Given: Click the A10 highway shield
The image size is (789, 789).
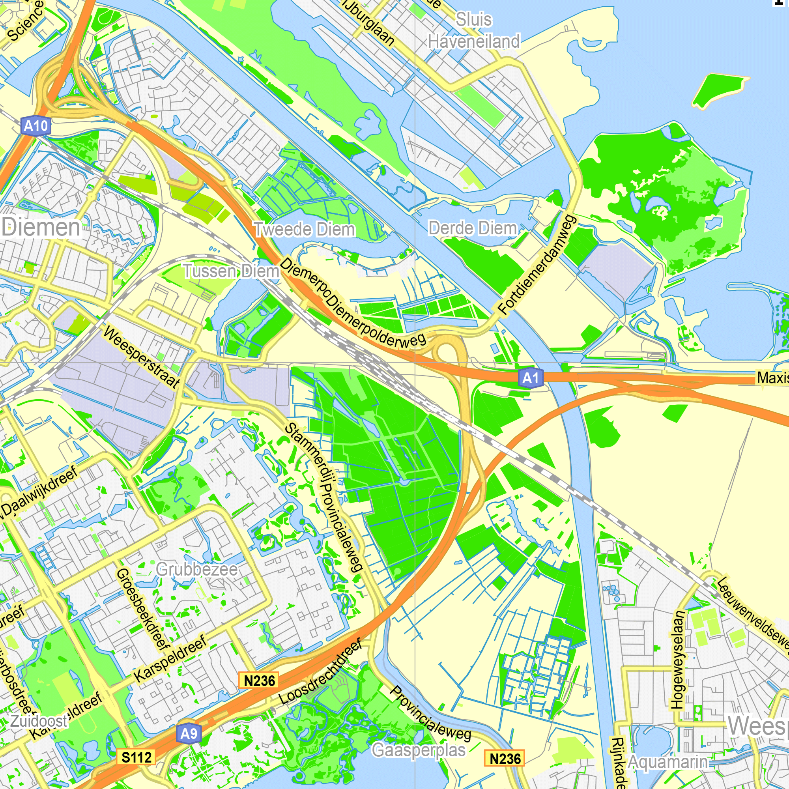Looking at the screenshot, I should [36, 126].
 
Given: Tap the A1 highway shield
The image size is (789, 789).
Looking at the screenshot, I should [531, 378].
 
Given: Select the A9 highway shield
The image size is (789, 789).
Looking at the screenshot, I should [189, 733].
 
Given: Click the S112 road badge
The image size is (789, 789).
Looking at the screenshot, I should [137, 757].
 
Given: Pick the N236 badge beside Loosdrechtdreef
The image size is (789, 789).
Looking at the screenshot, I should [259, 681].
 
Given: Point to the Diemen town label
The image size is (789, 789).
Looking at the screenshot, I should [41, 227].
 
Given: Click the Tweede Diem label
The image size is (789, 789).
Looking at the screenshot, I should [304, 230].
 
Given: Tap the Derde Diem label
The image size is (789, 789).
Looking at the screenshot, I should [473, 228].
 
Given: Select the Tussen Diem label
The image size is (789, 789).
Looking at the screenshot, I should [231, 271].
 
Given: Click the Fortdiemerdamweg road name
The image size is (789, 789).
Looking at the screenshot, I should [538, 265].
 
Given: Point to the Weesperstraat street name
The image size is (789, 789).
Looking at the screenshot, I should [141, 357].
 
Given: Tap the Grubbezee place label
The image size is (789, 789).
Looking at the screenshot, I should [197, 569].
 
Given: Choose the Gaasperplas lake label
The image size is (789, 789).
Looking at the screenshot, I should [419, 750].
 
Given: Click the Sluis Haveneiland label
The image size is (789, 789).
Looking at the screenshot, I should [474, 31].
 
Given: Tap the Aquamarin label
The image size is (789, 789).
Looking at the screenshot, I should [668, 762].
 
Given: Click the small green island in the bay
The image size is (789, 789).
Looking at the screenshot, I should [721, 90].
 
